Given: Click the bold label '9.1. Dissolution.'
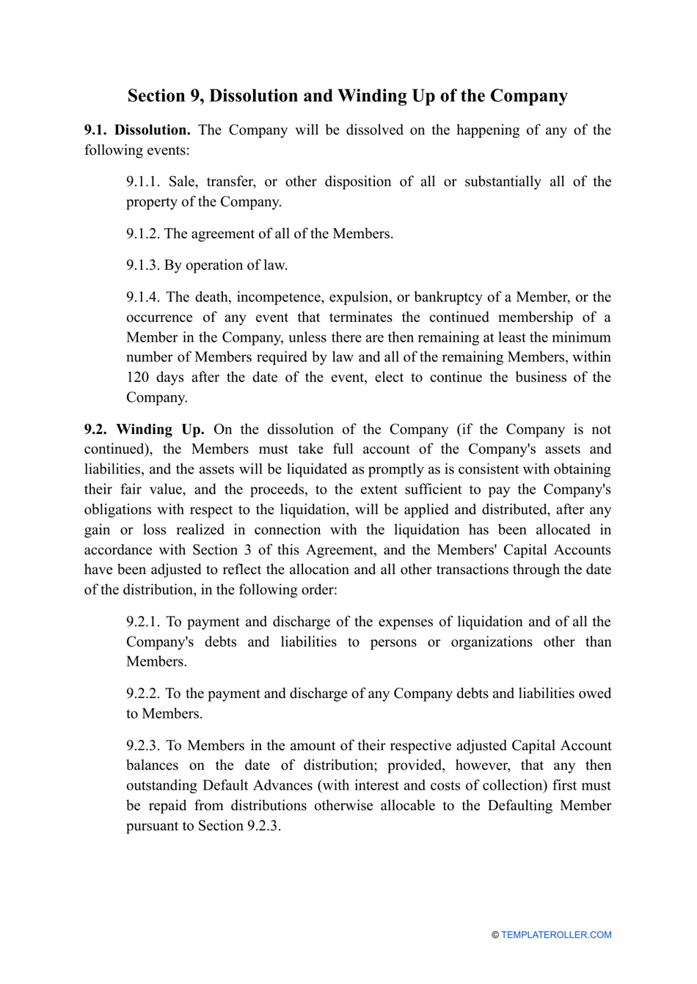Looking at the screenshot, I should click(x=137, y=130).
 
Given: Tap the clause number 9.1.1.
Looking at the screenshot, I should click(x=142, y=182).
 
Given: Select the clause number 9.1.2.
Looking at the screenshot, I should click(x=142, y=234).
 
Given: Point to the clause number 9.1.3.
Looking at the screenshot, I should click(x=142, y=265).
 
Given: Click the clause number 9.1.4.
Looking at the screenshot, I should click(x=142, y=298).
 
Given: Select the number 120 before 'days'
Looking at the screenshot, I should click(x=137, y=378).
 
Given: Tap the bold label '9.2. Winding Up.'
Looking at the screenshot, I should click(x=145, y=430).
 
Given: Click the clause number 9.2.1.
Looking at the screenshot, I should click(x=142, y=622).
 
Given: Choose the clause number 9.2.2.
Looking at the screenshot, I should click(x=142, y=694).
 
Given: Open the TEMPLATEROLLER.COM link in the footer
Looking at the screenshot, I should click(x=556, y=935).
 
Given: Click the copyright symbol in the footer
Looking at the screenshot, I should click(x=495, y=935).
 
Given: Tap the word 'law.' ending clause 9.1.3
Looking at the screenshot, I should click(x=274, y=265).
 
